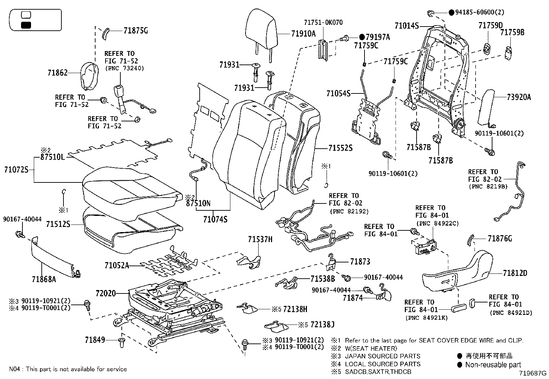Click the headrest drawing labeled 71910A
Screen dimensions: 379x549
[x=261, y=29]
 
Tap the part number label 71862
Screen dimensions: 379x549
[x=58, y=73]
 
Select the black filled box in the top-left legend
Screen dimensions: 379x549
[x=26, y=25]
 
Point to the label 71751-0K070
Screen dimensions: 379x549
[x=323, y=22]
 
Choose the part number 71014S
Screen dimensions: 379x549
[x=407, y=26]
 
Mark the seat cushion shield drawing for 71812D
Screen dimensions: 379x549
[x=455, y=272]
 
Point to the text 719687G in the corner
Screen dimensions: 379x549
[x=533, y=373]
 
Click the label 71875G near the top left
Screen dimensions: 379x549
[x=136, y=31]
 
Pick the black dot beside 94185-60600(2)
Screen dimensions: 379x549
[x=451, y=12]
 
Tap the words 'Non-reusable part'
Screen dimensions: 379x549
[x=493, y=365]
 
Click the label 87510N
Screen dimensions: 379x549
[x=198, y=203]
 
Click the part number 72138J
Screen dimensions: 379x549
[x=322, y=325]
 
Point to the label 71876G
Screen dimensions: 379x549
[x=500, y=238]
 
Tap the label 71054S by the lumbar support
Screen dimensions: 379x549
[x=338, y=93]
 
